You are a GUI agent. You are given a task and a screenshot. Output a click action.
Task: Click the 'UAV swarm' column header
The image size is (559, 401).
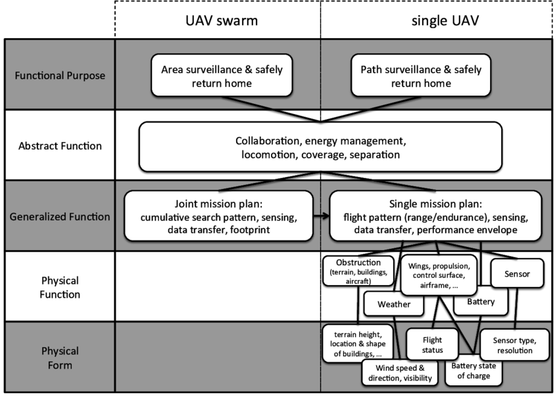222,20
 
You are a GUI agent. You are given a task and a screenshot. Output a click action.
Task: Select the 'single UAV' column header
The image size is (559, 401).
445,20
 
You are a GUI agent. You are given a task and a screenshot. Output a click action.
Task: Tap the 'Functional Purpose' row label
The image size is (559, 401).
60,75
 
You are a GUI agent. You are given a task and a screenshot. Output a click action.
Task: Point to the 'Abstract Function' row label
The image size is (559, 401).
60,146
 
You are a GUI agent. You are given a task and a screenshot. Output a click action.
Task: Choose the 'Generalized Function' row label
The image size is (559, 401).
60,217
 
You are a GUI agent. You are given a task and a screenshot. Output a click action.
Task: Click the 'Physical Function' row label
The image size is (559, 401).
60,287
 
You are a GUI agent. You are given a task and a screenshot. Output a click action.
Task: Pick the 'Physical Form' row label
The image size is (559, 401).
60,358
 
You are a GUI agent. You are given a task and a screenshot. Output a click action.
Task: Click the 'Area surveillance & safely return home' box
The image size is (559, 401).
222,75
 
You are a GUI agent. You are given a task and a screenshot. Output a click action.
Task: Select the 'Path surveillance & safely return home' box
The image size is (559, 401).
421,75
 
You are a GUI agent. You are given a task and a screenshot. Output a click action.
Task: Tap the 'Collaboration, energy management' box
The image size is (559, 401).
320,147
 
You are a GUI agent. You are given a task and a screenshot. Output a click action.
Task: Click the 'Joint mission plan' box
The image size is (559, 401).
218,216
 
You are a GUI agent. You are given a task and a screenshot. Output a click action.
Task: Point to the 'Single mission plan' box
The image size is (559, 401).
435,216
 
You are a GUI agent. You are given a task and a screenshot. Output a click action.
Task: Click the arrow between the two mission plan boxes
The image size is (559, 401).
321,216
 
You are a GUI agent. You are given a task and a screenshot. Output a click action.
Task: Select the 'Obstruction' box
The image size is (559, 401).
358,271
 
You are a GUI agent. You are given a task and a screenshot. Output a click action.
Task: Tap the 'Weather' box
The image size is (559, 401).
394,304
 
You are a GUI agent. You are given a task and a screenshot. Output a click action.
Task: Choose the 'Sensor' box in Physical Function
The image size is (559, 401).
518,273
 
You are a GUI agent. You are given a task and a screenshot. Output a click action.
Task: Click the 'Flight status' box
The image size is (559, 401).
432,344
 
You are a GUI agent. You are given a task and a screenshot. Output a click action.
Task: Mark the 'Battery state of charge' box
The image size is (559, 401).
474,371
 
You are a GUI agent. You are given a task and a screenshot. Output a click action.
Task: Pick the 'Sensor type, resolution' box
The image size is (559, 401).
514,345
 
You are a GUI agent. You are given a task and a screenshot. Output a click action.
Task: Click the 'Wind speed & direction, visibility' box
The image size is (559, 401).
400,373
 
